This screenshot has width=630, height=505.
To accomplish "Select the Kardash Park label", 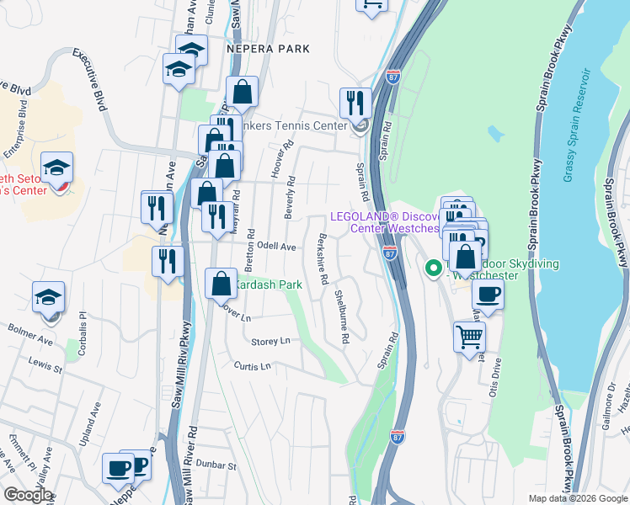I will pyautogui.click(x=268, y=285).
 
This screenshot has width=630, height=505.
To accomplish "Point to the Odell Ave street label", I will pyautogui.click(x=277, y=247).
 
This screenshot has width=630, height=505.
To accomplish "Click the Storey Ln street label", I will pyautogui.click(x=270, y=341).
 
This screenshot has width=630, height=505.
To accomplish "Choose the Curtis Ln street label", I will pyautogui.click(x=253, y=366).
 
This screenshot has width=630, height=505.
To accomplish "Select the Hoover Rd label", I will pyautogui.click(x=275, y=163).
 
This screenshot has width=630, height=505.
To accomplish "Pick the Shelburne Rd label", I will pyautogui.click(x=340, y=316).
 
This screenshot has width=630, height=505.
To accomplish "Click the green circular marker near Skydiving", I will pyautogui.click(x=434, y=269).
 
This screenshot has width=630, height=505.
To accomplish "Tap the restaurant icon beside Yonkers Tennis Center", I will pyautogui.click(x=355, y=103).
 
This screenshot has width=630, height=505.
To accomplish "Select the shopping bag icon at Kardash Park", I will pyautogui.click(x=221, y=283).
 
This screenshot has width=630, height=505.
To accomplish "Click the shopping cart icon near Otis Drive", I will pyautogui.click(x=469, y=337).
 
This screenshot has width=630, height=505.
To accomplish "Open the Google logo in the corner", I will pyautogui.click(x=27, y=495).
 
